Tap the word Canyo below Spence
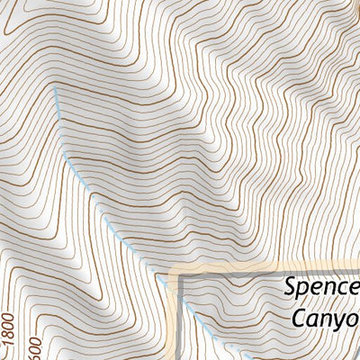[325, 319]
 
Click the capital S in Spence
[291, 288]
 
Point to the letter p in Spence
[306, 292]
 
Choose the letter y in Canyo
[339, 322]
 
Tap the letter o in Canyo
[353, 319]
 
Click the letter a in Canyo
[315, 320]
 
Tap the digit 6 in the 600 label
[35, 355]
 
